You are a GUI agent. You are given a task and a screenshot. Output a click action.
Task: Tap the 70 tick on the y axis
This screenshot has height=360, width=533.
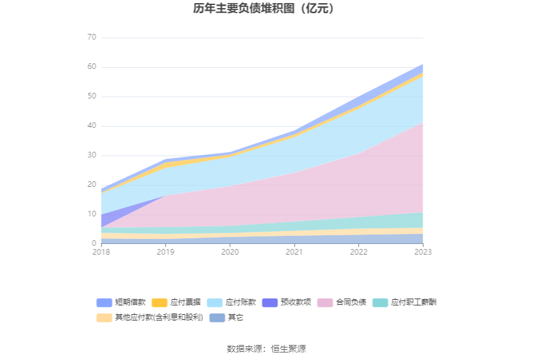(x=92, y=38)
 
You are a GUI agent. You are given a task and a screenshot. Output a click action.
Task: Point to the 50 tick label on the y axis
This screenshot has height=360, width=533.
(x=92, y=97)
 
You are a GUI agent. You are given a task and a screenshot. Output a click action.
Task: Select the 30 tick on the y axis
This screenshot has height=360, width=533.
(x=92, y=156)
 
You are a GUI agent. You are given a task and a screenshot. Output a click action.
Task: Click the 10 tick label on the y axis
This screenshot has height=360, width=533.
(x=92, y=214)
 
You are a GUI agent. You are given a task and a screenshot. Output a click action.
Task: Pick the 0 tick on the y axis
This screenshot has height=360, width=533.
(x=94, y=244)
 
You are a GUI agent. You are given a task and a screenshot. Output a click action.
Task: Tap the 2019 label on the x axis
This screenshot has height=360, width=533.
(x=165, y=252)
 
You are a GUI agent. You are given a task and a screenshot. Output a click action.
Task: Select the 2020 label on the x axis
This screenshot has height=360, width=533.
(x=230, y=252)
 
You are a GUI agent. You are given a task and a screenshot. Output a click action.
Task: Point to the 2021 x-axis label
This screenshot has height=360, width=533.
(x=294, y=252)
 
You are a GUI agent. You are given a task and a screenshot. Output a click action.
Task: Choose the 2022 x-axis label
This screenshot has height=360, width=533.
(x=359, y=252)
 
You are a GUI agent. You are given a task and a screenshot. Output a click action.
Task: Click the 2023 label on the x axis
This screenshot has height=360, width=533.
(x=423, y=252)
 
